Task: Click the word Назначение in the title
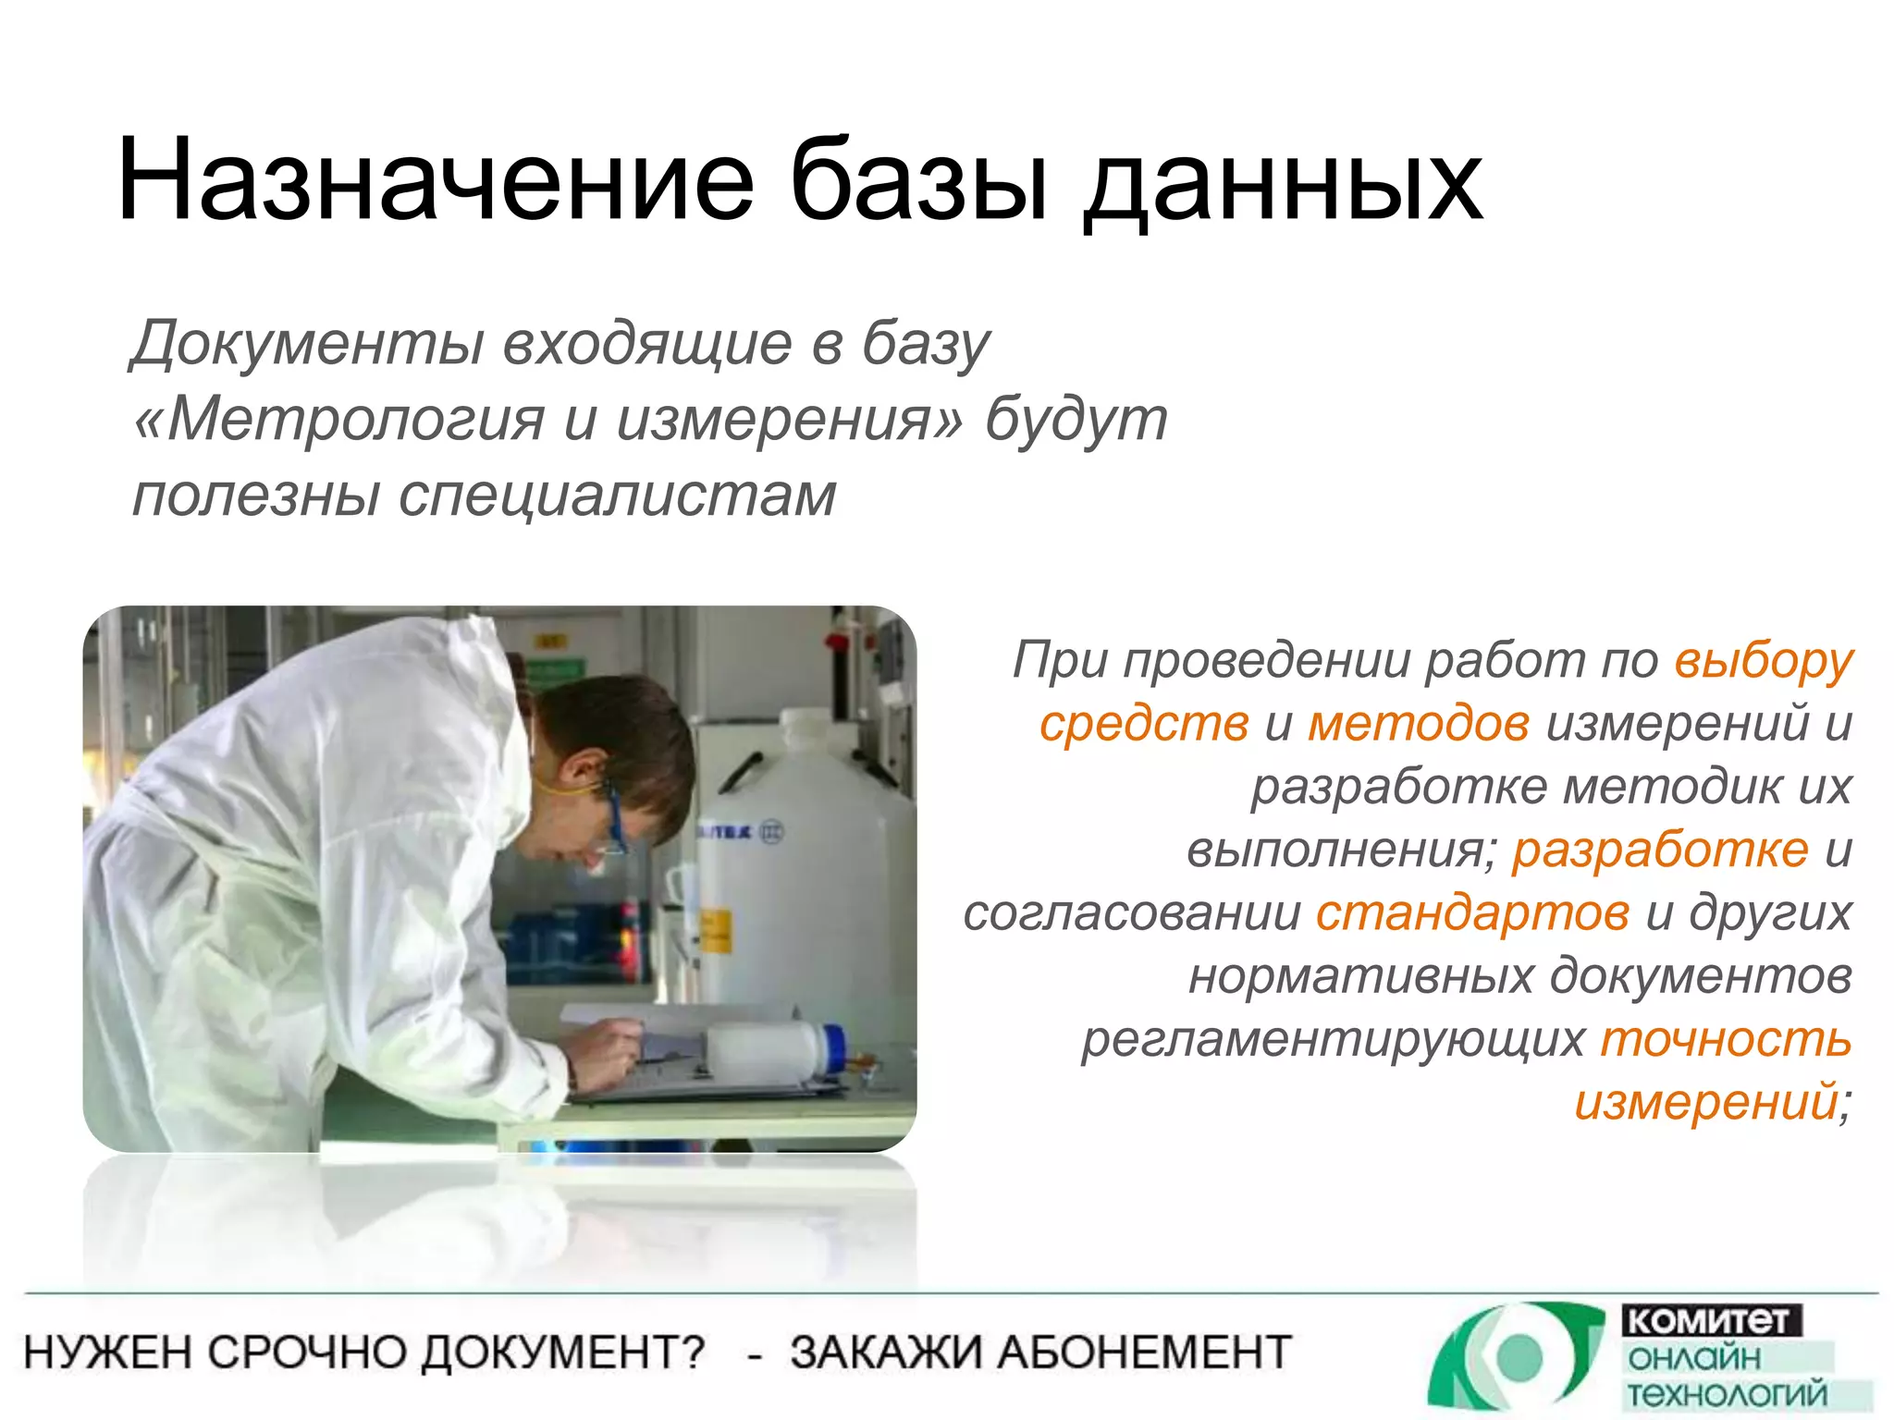click(435, 180)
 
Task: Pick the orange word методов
click(1418, 724)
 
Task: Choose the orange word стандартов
click(1472, 913)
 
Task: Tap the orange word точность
click(1726, 1039)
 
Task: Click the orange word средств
click(1143, 724)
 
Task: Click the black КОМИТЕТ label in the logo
click(1710, 1320)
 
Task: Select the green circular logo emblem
click(1517, 1356)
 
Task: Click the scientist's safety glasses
click(612, 814)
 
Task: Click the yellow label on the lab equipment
click(714, 930)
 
